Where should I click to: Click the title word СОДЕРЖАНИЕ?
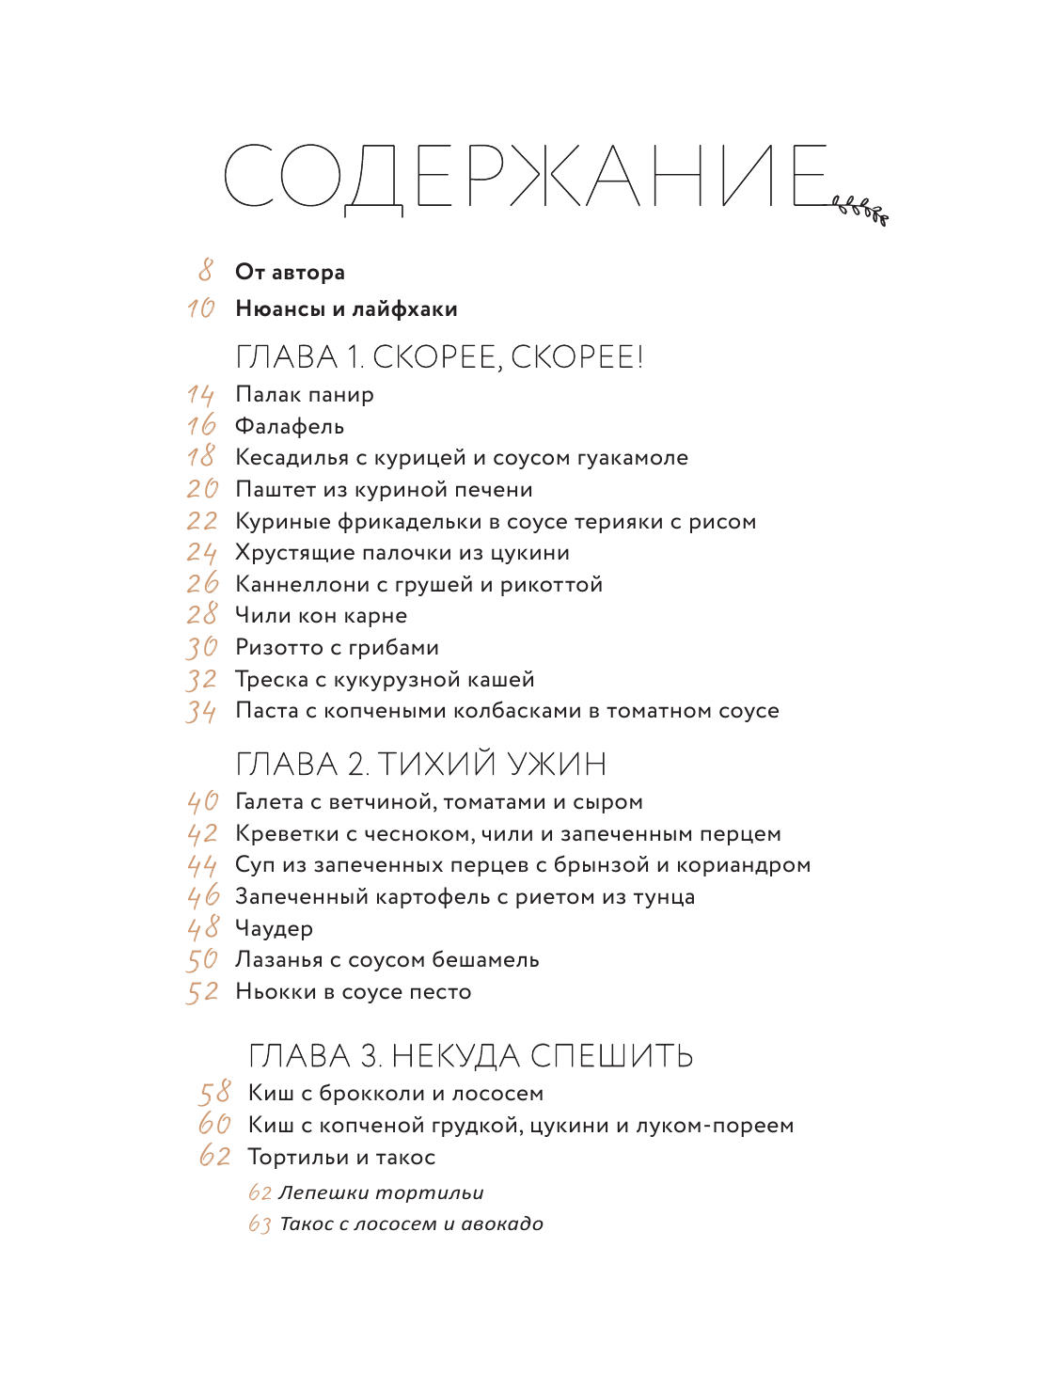pos(527,176)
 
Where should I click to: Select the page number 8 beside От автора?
pos(206,271)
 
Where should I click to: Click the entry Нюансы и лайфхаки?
pos(346,308)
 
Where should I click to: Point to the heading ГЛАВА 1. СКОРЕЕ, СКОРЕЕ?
pos(439,357)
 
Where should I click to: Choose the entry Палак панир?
pos(305,395)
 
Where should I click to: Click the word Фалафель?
pos(290,427)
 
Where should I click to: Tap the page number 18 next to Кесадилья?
pos(201,457)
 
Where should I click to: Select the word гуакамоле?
pos(629,458)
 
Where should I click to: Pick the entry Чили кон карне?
pos(321,616)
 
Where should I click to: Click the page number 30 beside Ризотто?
pos(201,648)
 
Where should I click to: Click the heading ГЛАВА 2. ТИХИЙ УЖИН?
pos(421,764)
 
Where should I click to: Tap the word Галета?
pos(269,802)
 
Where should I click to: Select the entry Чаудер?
pos(274,929)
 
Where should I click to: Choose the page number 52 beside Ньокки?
pos(202,992)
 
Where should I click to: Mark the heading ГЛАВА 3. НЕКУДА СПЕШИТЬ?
pos(470,1056)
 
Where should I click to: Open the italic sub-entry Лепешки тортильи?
pos(381,1192)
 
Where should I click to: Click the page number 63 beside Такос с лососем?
pos(260,1224)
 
